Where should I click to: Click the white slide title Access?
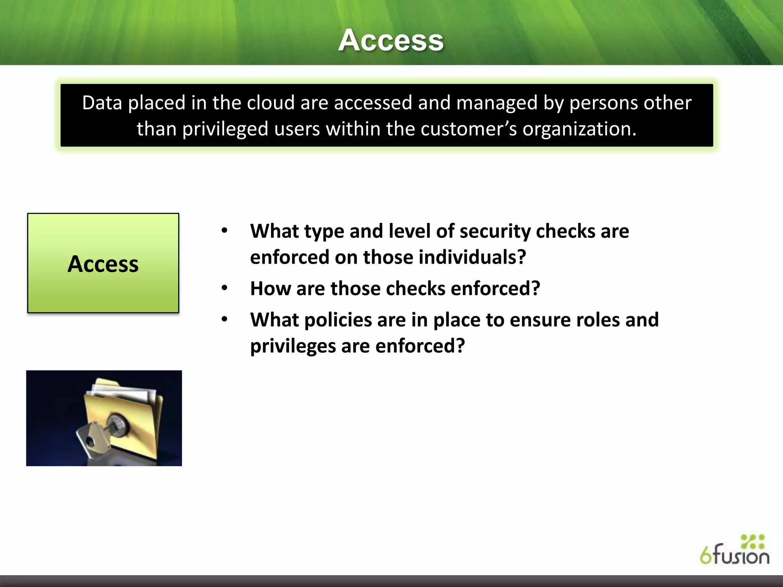(391, 40)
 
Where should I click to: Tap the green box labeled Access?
(103, 263)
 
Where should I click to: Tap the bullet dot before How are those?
(224, 288)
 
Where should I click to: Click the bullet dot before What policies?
(224, 319)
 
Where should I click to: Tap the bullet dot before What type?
(224, 230)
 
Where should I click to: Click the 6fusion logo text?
(734, 556)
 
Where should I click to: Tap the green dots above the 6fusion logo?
(752, 542)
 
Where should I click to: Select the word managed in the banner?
(497, 103)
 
